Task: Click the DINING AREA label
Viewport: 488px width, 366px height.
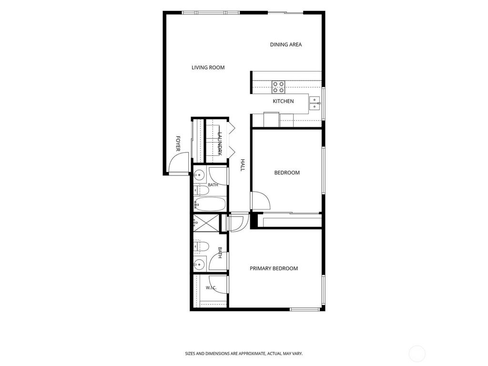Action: pyautogui.click(x=286, y=44)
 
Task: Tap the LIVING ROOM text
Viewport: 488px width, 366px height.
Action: pyautogui.click(x=208, y=68)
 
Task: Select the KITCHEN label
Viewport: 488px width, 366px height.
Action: pyautogui.click(x=283, y=101)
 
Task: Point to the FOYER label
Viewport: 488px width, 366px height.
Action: pyautogui.click(x=178, y=143)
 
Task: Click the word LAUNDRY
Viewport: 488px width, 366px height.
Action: pyautogui.click(x=220, y=144)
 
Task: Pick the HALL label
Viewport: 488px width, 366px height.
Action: pyautogui.click(x=243, y=165)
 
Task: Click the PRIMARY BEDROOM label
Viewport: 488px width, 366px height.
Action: pyautogui.click(x=274, y=268)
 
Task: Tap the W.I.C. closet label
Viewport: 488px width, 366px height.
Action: pyautogui.click(x=211, y=288)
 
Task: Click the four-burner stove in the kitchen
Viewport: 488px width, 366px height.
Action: pyautogui.click(x=278, y=87)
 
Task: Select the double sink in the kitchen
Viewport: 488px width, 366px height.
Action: pyautogui.click(x=315, y=103)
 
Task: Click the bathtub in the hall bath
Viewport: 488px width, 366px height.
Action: pyautogui.click(x=210, y=204)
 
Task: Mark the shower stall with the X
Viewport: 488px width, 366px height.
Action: pyautogui.click(x=206, y=223)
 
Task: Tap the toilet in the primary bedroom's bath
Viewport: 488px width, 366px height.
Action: pyautogui.click(x=201, y=247)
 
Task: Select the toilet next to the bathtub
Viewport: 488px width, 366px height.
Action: pyautogui.click(x=201, y=191)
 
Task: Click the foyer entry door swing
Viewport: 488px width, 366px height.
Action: pyautogui.click(x=179, y=163)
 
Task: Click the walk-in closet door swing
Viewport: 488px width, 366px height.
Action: pyautogui.click(x=218, y=285)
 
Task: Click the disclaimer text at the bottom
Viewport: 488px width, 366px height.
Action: pyautogui.click(x=244, y=354)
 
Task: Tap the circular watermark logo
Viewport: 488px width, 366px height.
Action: pyautogui.click(x=417, y=354)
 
